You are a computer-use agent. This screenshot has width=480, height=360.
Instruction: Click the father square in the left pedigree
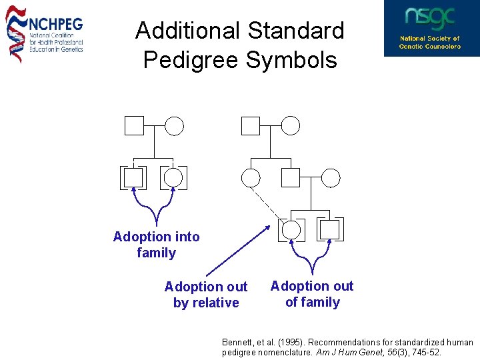click(134, 125)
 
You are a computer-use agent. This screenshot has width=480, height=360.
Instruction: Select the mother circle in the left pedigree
click(174, 125)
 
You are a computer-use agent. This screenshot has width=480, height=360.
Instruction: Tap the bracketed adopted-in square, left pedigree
click(134, 177)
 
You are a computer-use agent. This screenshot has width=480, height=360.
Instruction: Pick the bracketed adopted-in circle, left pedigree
click(173, 177)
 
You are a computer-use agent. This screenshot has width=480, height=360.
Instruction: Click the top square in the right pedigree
click(250, 125)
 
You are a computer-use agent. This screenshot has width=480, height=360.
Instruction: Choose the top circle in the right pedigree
click(291, 125)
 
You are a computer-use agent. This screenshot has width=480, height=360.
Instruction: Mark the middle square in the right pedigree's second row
click(291, 177)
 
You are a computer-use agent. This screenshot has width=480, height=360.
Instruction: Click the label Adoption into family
click(156, 245)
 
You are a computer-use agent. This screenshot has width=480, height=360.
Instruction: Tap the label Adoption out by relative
click(206, 295)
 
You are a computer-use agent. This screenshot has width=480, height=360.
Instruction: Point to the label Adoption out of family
click(312, 294)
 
